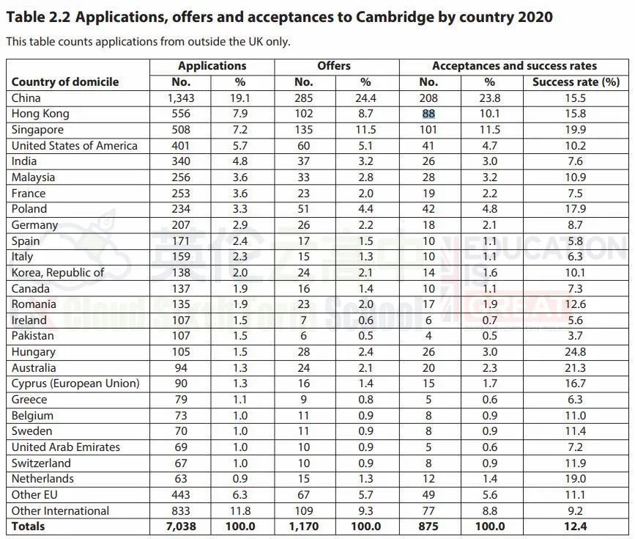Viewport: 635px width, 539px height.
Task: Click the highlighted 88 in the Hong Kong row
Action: (x=428, y=114)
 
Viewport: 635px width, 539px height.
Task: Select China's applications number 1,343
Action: (x=180, y=98)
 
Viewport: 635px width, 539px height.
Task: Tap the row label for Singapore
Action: (x=37, y=130)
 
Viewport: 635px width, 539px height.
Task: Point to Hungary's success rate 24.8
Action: (x=576, y=352)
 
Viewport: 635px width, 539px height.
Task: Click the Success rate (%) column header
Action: (x=576, y=82)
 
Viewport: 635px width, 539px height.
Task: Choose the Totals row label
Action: (x=28, y=527)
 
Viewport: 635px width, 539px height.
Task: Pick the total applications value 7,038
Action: (x=180, y=527)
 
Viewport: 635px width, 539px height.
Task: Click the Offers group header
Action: (x=334, y=66)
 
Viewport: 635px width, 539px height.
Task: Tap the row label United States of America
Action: (x=75, y=145)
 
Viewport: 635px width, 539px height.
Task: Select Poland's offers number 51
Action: (x=303, y=209)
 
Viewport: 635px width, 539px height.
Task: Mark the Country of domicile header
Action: (x=65, y=82)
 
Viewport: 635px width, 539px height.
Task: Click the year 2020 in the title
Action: (x=532, y=17)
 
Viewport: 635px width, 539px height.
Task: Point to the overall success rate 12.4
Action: (x=576, y=527)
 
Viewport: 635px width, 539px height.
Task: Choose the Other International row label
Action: (x=61, y=511)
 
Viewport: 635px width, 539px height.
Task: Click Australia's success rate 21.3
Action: (x=576, y=368)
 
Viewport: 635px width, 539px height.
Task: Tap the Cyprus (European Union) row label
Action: (x=75, y=384)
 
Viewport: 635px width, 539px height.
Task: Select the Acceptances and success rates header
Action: (x=514, y=66)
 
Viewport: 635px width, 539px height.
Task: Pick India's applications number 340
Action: (x=180, y=161)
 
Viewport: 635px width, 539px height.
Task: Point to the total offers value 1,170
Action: (x=303, y=527)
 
